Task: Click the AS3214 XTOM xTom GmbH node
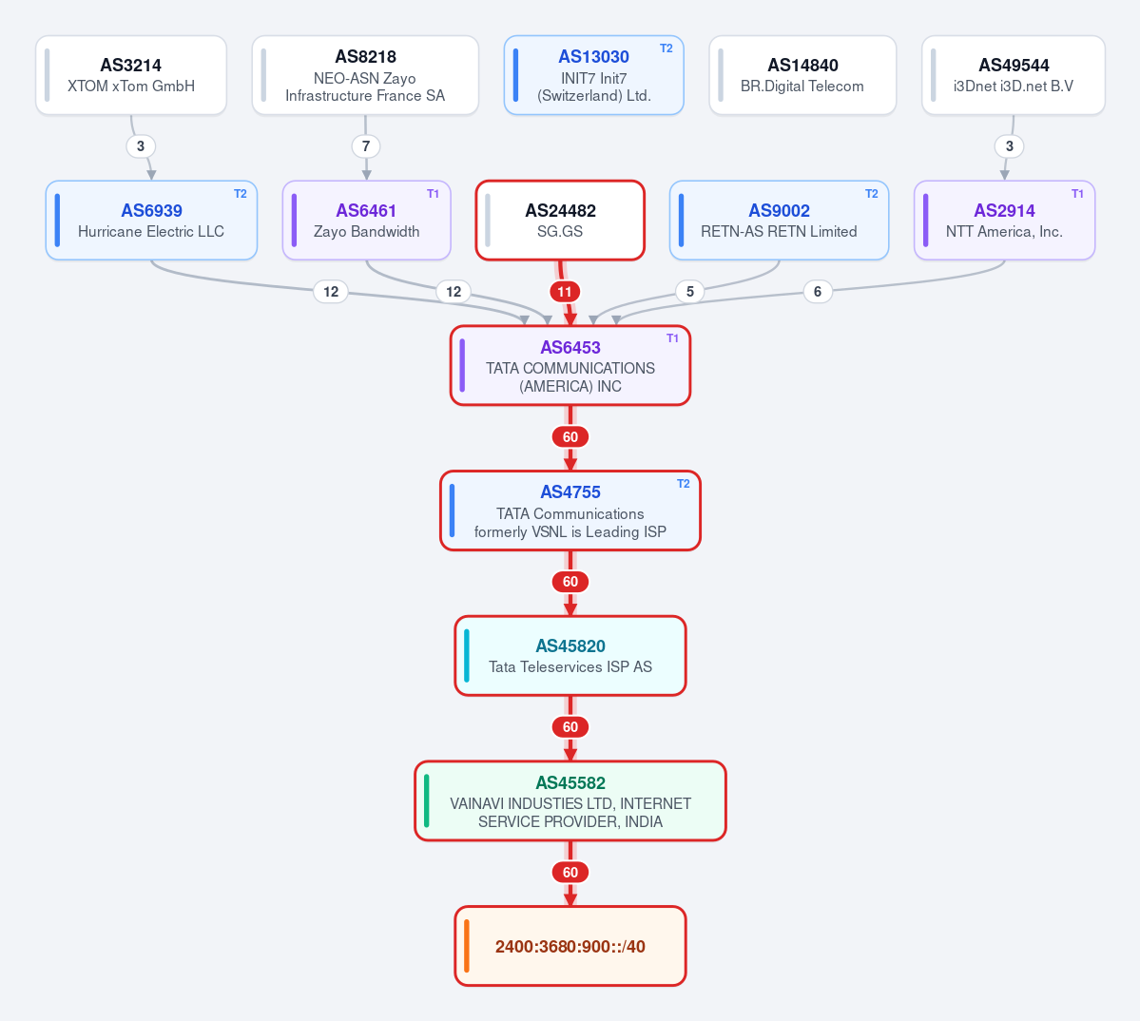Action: tap(131, 75)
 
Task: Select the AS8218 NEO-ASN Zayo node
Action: tap(365, 75)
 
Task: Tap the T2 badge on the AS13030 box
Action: tap(666, 48)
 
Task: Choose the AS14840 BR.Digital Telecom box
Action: tap(802, 75)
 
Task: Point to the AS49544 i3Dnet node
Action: tap(1014, 75)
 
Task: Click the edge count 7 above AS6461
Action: tap(366, 146)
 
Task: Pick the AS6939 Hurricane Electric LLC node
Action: tap(151, 221)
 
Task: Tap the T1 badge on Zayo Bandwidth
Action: tap(433, 194)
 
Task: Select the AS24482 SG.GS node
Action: tap(560, 221)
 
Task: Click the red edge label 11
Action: tap(565, 292)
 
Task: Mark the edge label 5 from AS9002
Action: tap(690, 292)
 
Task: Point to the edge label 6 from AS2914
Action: tap(818, 292)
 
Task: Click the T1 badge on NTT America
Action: tap(1077, 194)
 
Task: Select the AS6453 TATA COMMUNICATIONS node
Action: tap(570, 365)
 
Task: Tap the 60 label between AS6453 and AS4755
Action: tap(570, 436)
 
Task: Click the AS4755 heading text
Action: tap(570, 492)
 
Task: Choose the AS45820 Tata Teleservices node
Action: tap(570, 656)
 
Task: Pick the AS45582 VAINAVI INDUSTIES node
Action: tap(570, 800)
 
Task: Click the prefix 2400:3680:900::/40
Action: tap(570, 946)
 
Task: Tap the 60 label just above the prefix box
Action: tap(570, 872)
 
